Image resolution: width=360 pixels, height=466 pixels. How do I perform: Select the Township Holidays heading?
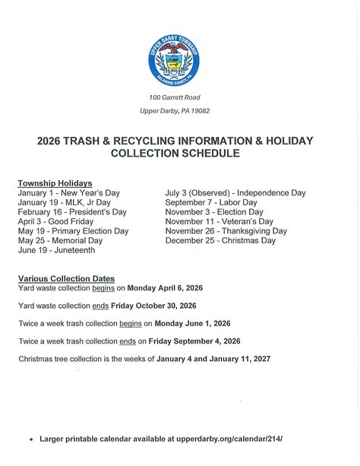point(55,183)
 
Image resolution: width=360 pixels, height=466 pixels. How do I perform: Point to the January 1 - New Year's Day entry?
point(68,193)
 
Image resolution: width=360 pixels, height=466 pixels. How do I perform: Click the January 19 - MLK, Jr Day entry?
point(64,203)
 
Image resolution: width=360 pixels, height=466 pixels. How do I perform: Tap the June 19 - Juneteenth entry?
point(57,249)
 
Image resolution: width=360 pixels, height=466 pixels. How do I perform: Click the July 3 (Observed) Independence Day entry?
point(235,193)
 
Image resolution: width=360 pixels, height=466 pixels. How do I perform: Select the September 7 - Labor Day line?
point(211,203)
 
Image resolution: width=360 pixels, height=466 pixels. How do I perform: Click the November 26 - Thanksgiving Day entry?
point(226,231)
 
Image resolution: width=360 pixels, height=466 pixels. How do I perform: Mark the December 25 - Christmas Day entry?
point(220,240)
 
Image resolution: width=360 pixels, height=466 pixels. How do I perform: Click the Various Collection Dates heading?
point(66,279)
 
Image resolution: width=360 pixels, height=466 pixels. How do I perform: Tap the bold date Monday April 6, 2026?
point(165,288)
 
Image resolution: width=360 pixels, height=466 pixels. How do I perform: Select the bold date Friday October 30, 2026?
point(153,306)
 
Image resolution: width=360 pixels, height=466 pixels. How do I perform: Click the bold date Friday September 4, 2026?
point(194,341)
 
